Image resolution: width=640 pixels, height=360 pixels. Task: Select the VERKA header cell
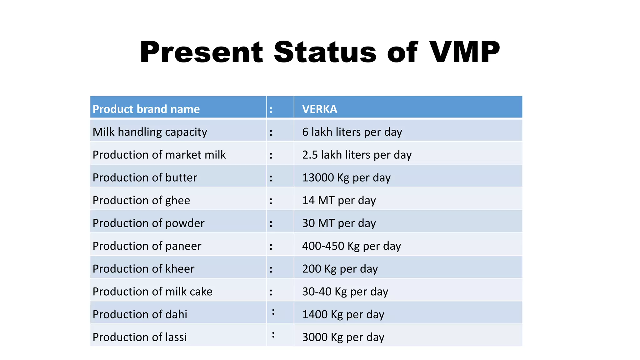319,109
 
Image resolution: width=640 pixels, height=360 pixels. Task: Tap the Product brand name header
146,109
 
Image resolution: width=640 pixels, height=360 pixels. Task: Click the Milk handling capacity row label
150,132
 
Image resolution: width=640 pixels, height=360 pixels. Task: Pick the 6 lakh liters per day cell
352,132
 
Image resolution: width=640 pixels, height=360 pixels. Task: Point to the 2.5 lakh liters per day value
357,155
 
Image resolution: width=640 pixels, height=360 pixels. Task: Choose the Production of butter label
145,177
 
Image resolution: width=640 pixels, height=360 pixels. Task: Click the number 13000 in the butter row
318,177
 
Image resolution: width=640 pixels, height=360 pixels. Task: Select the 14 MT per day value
339,200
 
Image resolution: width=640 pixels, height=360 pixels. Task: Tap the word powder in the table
185,223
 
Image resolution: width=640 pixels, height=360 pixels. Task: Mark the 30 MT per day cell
339,223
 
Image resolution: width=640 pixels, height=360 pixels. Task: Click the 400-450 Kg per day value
351,246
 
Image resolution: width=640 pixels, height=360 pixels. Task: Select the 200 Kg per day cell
340,269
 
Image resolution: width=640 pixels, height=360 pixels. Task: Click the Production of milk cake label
152,292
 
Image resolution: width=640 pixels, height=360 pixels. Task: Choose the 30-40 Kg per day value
345,292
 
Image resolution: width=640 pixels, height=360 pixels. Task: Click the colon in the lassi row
273,335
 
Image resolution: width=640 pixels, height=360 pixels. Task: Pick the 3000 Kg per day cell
343,337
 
